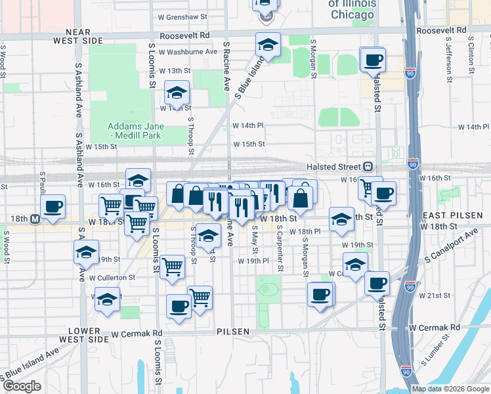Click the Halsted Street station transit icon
pos(368,167)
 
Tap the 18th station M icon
pos(43,219)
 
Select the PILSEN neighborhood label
pos(234,332)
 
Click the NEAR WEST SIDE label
pos(84,36)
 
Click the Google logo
pos(22,386)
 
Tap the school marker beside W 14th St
pos(177,93)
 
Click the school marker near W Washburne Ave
pos(267,45)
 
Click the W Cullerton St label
pos(113,278)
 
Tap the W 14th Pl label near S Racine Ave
pos(247,124)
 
